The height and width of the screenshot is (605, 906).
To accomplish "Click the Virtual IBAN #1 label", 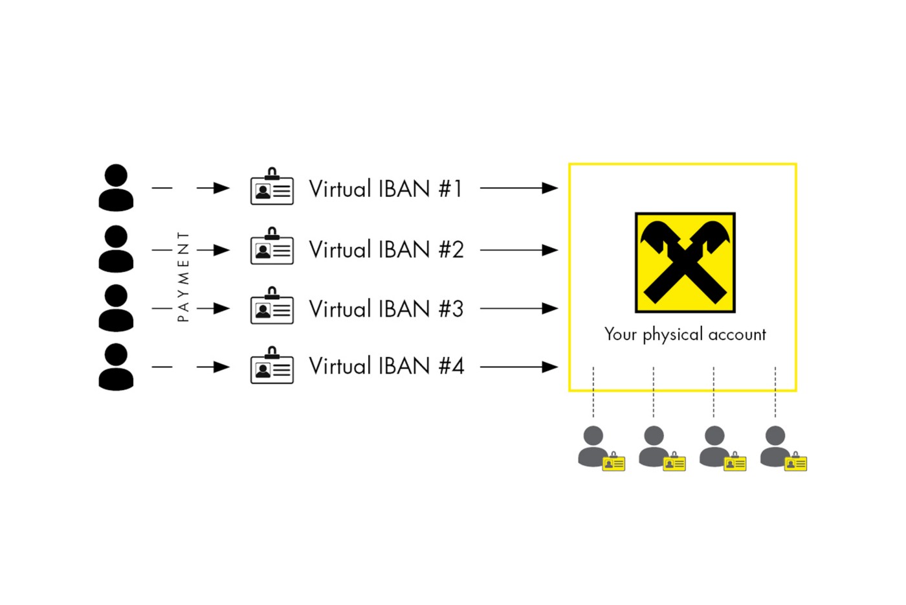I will point(386,188).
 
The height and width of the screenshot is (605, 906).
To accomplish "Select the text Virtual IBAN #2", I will point(386,249).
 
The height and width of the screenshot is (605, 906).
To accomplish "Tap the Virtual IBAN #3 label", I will point(386,309).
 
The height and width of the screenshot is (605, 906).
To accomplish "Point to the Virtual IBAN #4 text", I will point(386,366).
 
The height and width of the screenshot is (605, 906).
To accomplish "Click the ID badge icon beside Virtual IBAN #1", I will point(272,188).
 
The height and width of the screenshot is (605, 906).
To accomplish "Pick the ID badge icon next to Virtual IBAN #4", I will point(272,367).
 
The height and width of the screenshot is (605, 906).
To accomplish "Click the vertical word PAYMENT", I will point(183,277).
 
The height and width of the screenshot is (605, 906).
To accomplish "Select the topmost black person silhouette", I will point(116,187).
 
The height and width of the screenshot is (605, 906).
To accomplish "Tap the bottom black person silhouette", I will point(116,367).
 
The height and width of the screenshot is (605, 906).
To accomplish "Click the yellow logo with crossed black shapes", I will point(685,262).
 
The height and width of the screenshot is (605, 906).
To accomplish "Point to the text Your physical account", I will point(685,334).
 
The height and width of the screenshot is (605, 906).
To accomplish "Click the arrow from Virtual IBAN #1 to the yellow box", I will point(518,188).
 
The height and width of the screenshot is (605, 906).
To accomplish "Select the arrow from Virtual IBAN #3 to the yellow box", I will point(518,308).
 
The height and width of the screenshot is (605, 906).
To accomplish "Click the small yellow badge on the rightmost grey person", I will point(795,462).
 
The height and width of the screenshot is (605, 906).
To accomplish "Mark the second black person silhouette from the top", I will point(116,249).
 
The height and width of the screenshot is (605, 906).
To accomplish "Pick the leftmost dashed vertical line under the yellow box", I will point(593,393).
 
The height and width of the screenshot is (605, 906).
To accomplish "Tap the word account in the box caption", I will point(736,335).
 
